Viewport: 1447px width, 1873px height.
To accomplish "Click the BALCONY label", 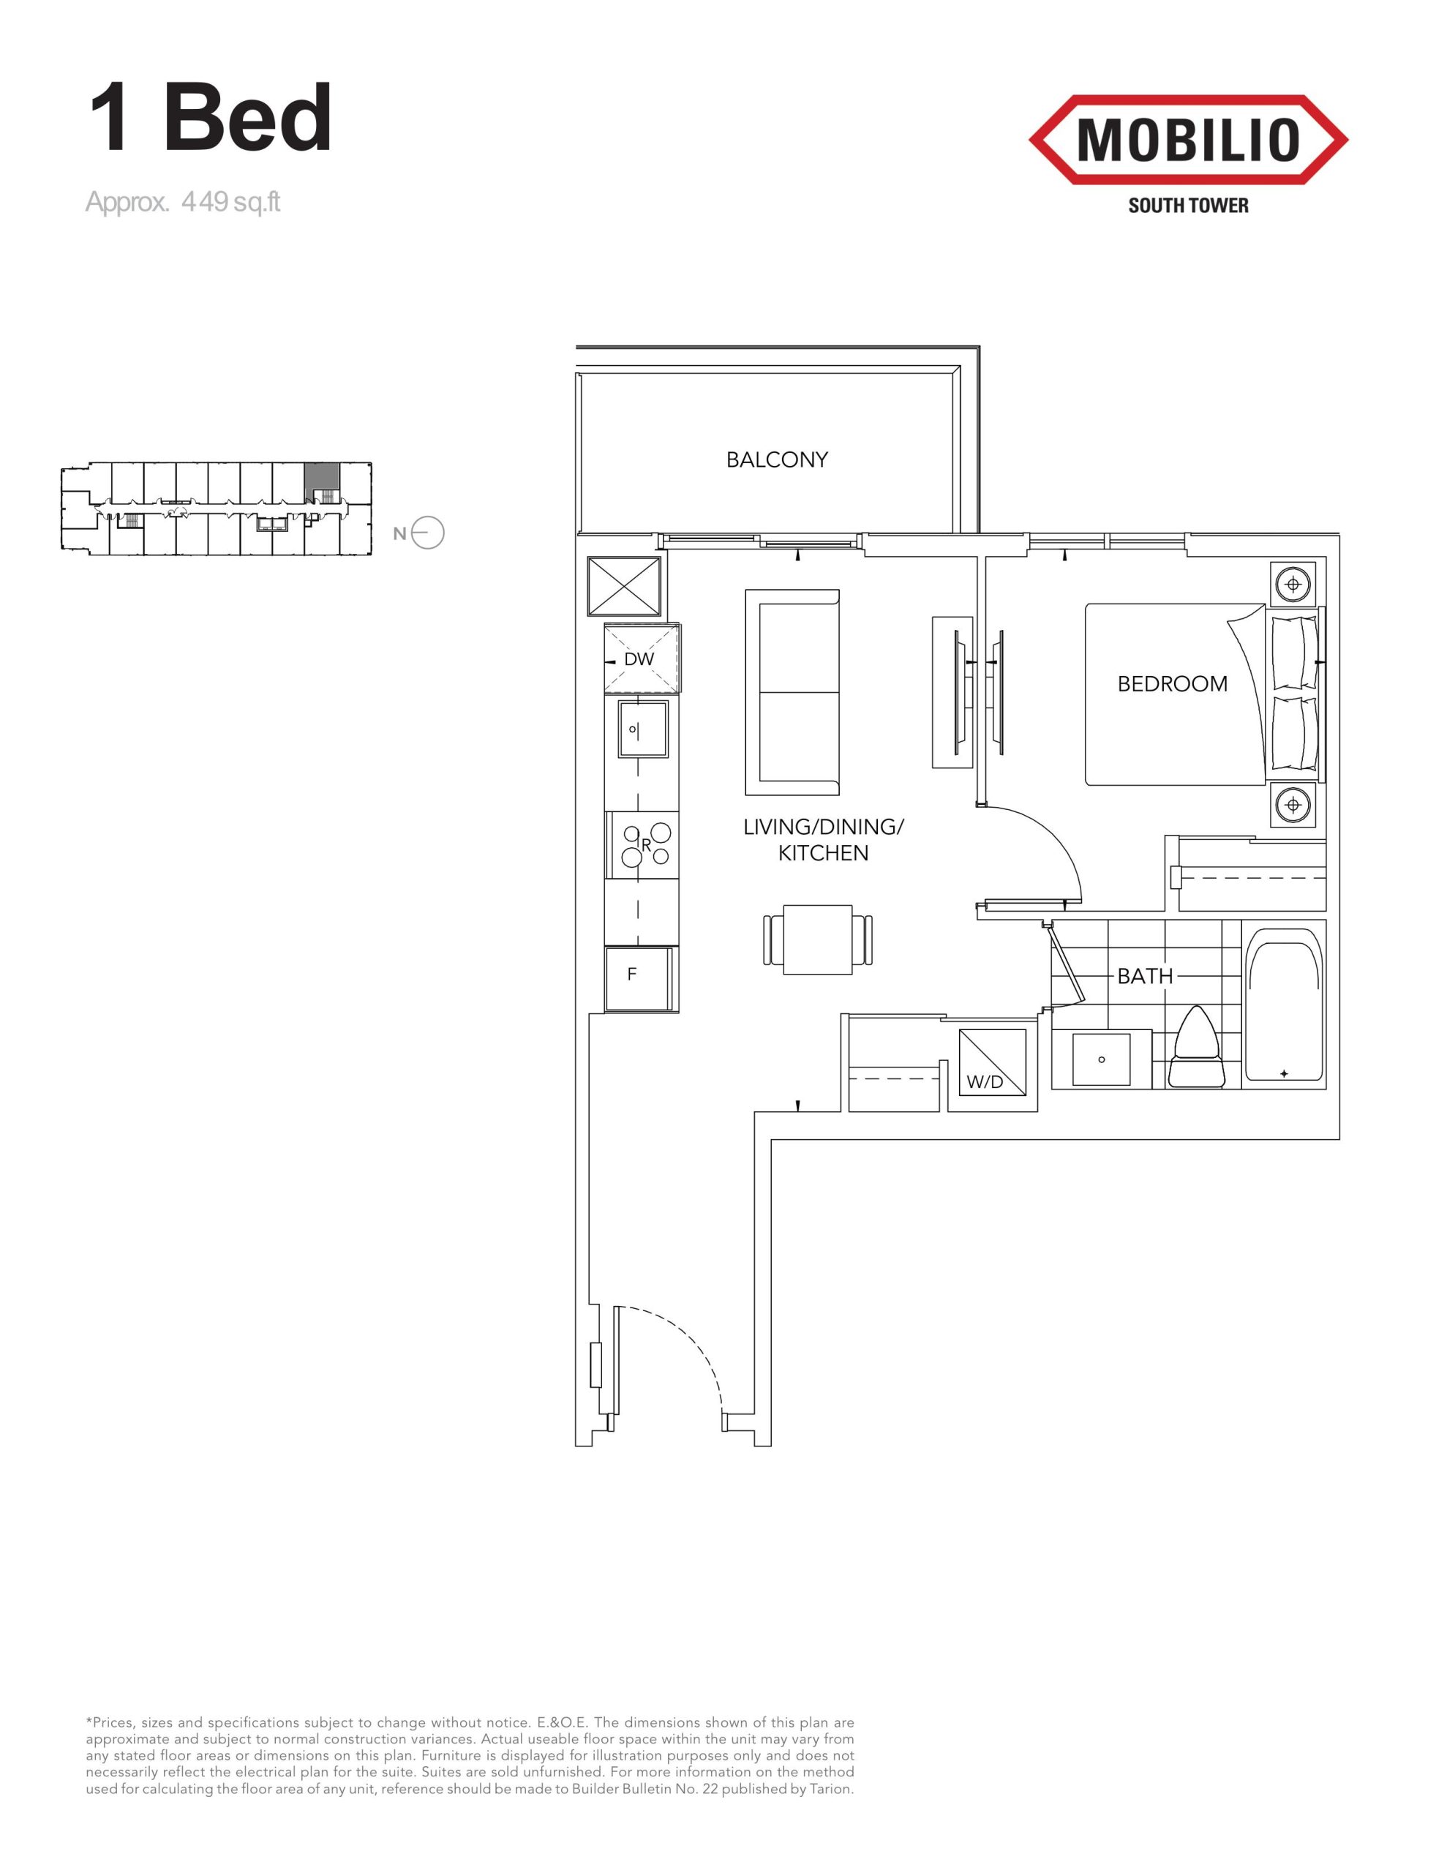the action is [777, 459].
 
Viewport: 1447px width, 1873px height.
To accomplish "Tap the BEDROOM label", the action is [1172, 683].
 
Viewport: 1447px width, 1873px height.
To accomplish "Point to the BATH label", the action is [1145, 976].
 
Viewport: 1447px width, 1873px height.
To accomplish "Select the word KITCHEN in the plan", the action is [824, 852].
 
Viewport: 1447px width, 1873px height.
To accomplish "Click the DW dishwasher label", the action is [639, 658].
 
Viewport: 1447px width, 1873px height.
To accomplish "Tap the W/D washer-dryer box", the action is [993, 1063].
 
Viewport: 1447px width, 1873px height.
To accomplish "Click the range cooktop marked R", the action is [642, 845].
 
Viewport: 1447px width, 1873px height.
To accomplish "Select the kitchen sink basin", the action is [643, 729].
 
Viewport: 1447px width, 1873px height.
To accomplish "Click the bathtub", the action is [1283, 1006].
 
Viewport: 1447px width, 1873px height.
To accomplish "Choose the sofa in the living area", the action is [792, 693].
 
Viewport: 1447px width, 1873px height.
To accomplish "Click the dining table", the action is [817, 939].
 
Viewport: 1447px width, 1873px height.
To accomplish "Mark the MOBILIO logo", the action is [1188, 140].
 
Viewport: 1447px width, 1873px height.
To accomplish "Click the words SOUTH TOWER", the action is [1188, 206].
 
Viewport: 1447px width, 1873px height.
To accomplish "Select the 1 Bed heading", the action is [210, 118].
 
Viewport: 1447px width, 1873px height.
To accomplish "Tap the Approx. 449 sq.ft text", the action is [183, 203].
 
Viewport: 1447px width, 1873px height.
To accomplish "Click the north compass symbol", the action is [427, 533].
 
